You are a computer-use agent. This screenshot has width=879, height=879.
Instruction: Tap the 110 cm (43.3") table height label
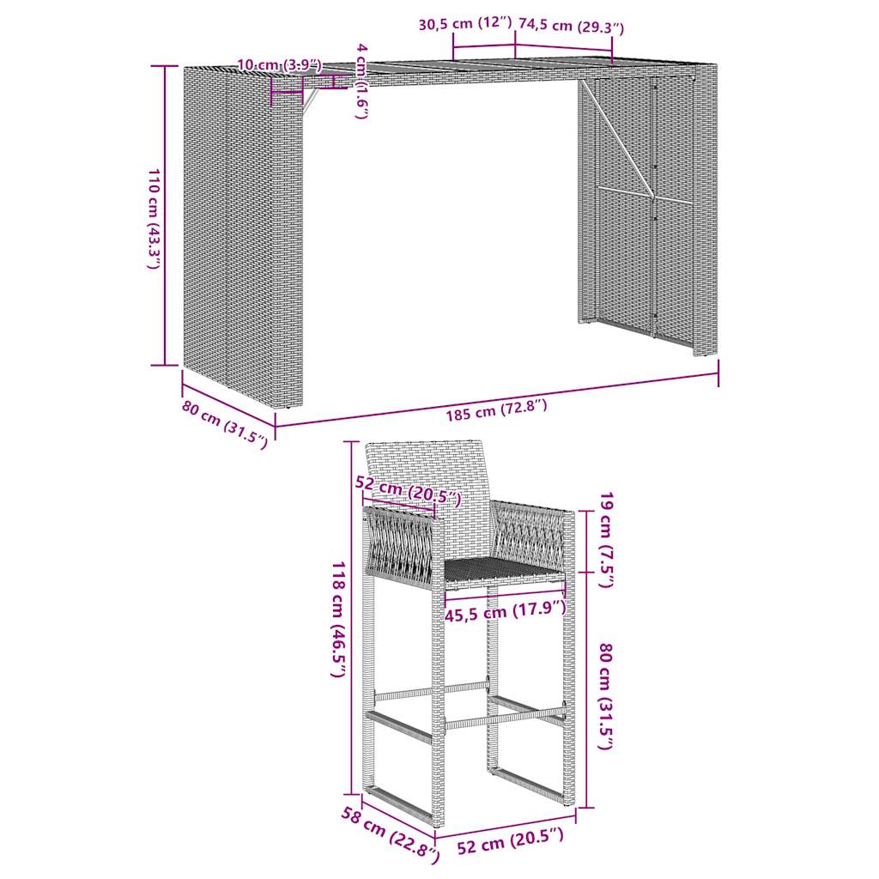pos(152,220)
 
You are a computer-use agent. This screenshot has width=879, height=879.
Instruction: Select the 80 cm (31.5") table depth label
pos(225,424)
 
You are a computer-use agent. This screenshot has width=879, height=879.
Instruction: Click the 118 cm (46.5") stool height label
pos(338,620)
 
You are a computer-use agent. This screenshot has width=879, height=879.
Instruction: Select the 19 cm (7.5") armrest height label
pos(606,540)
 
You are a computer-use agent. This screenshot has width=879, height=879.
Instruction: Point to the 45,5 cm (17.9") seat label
pos(506,612)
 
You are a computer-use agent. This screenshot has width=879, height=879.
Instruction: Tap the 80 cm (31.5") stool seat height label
pos(606,697)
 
